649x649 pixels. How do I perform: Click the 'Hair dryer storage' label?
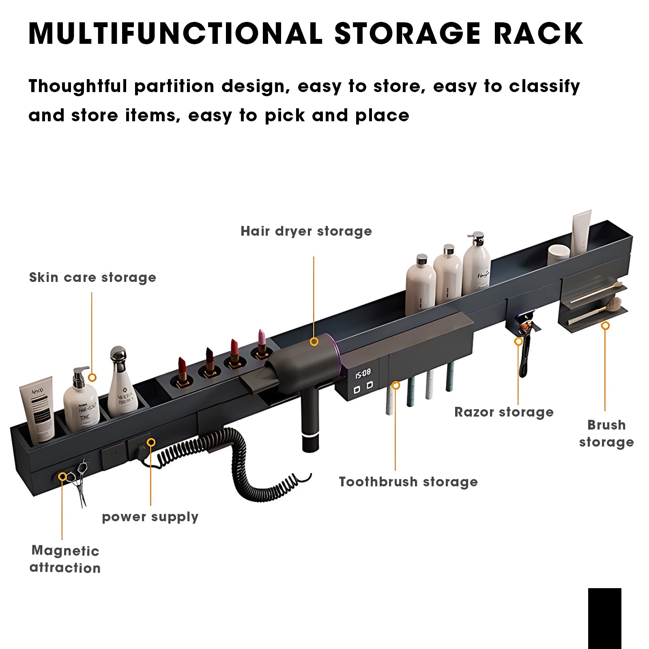pos(306,231)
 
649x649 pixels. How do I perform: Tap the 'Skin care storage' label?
pos(92,277)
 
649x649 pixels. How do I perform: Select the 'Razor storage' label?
pos(504,412)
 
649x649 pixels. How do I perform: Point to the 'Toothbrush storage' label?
pos(408,482)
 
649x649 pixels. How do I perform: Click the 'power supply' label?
pos(150,517)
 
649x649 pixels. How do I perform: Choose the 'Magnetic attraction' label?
pos(65,559)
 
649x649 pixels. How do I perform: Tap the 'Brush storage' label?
pos(606,433)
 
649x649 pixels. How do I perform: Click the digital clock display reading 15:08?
pos(363,373)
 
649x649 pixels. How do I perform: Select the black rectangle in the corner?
pos(604,618)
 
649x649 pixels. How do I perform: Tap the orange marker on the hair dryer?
pos(314,342)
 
